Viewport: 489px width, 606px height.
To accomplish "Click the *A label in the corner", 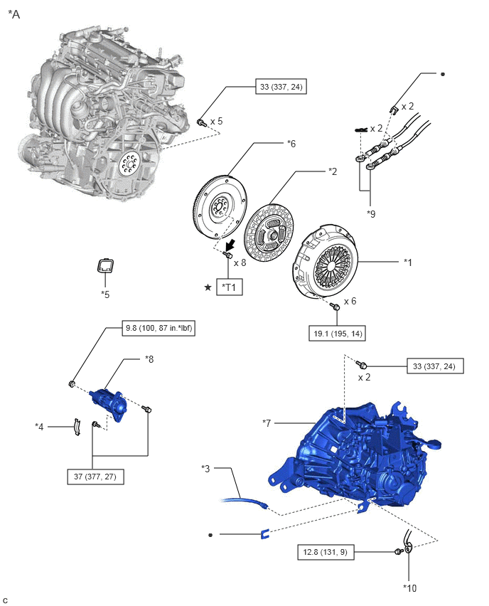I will coord(14,14).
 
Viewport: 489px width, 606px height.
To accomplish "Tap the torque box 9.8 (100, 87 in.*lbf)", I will coord(150,329).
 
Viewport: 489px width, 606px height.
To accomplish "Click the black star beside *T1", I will coord(208,287).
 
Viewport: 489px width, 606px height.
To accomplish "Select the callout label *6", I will coord(291,144).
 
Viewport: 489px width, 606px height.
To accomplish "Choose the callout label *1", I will coord(408,262).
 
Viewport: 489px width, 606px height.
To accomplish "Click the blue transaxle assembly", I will coord(355,452).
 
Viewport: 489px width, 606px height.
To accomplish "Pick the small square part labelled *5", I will coord(105,267).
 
